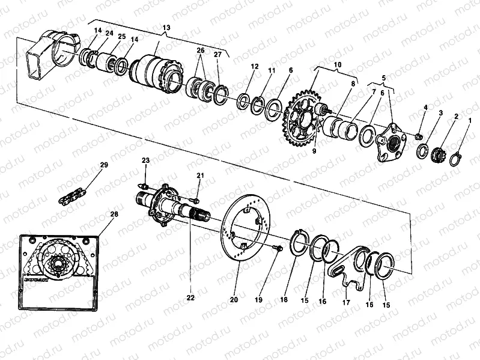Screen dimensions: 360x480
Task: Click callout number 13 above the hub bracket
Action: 166,28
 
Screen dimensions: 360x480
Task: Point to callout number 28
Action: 114,214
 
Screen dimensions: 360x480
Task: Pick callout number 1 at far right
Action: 470,121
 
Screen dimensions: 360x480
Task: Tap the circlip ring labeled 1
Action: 456,159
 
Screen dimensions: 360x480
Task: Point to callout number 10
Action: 337,64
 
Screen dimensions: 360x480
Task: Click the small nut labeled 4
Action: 419,138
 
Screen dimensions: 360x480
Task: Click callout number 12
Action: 255,67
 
